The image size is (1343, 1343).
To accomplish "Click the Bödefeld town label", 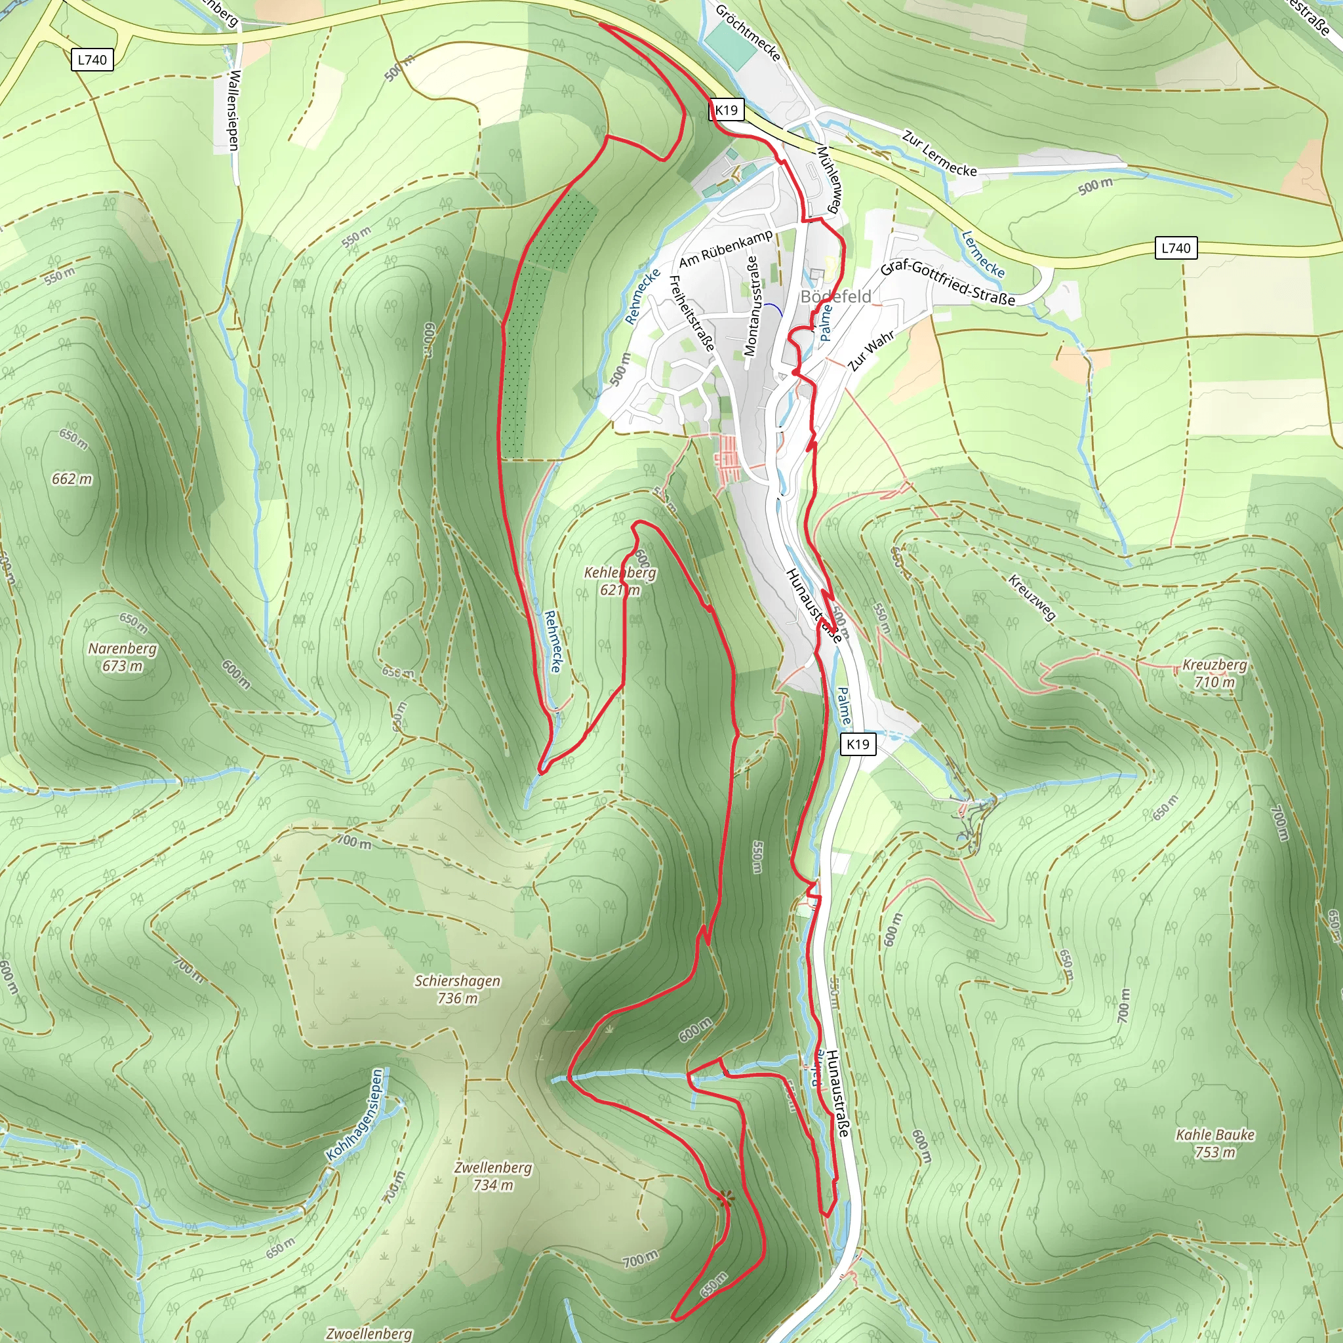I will coord(835,297).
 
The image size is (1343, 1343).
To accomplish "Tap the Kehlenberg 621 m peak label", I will coord(619,581).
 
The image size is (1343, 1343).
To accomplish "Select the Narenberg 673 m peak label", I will coord(123,657).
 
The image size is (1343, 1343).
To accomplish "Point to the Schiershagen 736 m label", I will coord(458,989).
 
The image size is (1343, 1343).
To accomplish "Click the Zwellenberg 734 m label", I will coord(493,1176).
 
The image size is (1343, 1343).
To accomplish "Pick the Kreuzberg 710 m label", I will coord(1214,673).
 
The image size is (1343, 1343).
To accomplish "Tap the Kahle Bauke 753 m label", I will coord(1215,1143).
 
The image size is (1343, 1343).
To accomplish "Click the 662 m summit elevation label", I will coord(71,479).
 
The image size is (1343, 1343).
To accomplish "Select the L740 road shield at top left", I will coord(92,60).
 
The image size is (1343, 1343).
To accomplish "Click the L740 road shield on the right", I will coord(1176,248).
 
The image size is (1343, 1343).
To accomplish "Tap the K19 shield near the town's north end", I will coord(727,110).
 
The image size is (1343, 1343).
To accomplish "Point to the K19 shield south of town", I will coord(858,744).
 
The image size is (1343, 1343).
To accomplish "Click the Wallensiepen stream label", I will coord(233,110).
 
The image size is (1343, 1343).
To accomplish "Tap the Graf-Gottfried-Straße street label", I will coord(948,283).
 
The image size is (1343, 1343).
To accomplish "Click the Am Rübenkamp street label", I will coord(726,248).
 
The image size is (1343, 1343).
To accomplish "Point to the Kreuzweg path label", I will coord(1032,597).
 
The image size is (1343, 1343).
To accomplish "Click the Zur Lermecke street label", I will coord(939,153).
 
